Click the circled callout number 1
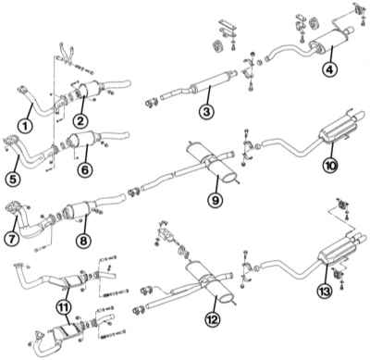(x=26, y=125)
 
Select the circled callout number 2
(x=80, y=121)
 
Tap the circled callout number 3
(x=206, y=111)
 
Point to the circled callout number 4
(x=329, y=69)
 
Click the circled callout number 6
(x=85, y=169)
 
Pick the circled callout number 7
(x=12, y=239)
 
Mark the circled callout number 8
(x=84, y=240)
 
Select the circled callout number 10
(x=330, y=166)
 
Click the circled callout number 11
(x=64, y=306)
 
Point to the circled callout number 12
(x=213, y=318)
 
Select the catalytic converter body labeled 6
(x=86, y=139)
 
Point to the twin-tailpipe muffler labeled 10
(x=339, y=130)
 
